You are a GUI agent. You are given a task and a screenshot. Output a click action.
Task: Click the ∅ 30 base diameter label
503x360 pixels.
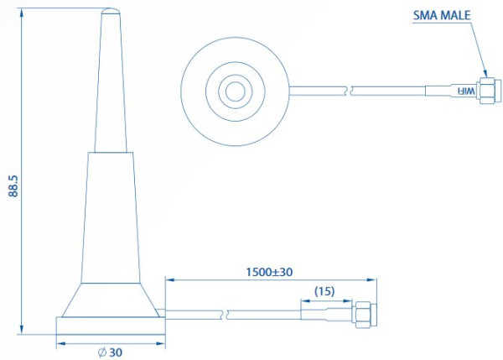coord(110,352)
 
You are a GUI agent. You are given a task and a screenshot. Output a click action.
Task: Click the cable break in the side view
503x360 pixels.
coord(226,315)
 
